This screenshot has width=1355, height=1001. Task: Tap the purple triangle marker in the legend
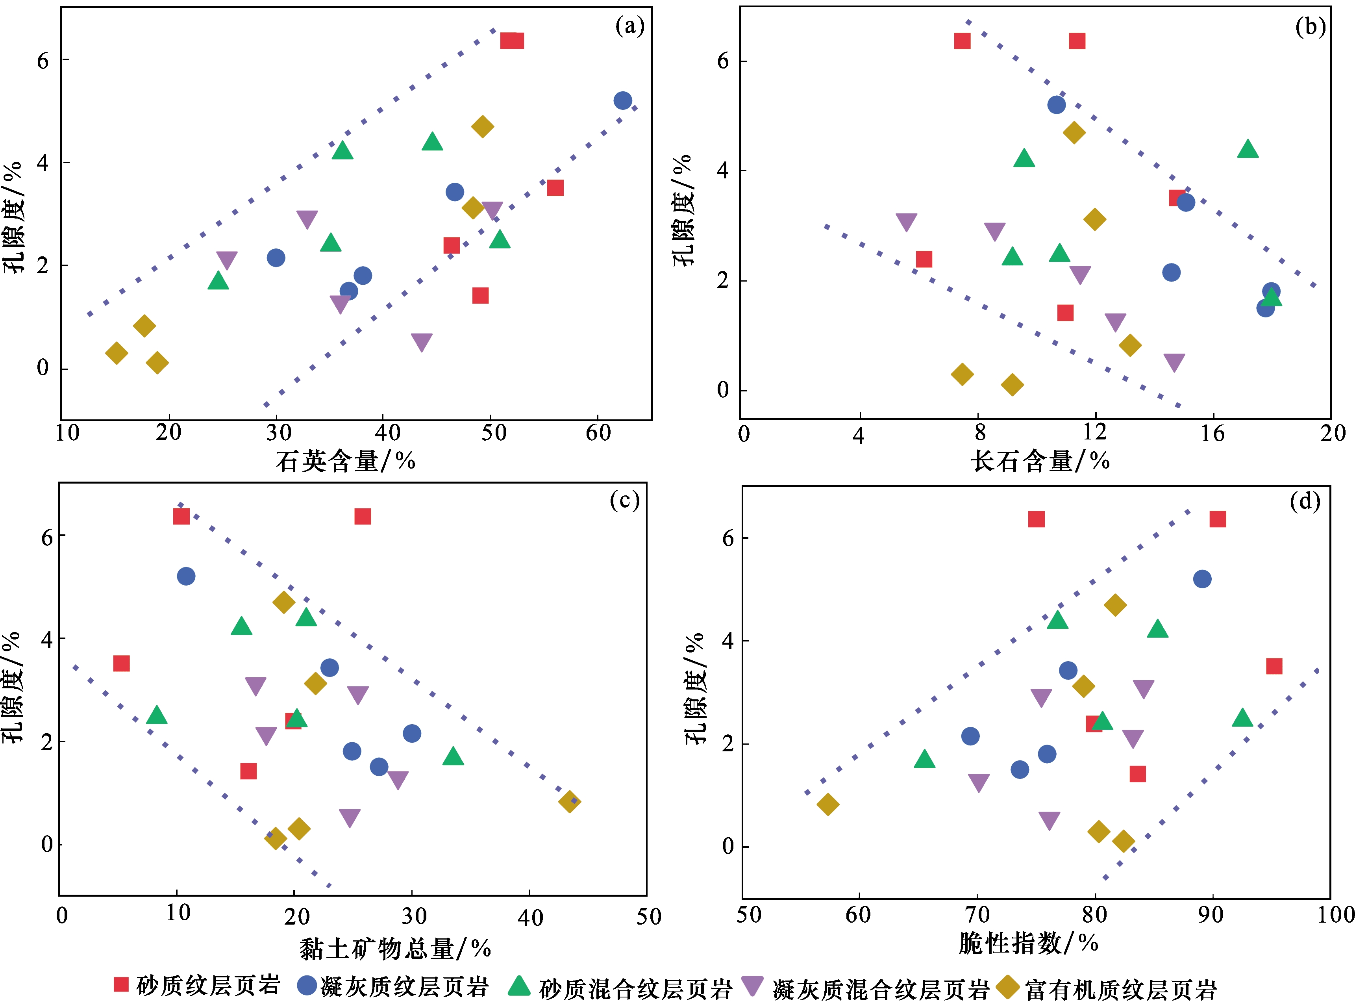click(x=752, y=985)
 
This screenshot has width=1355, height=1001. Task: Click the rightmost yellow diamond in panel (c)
click(x=569, y=802)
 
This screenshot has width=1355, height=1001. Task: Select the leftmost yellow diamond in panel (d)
click(x=827, y=805)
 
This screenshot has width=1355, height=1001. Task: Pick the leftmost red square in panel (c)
click(x=121, y=664)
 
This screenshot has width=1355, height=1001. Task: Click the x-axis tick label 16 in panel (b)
click(x=1212, y=433)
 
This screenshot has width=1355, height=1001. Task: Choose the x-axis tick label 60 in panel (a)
click(x=598, y=433)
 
